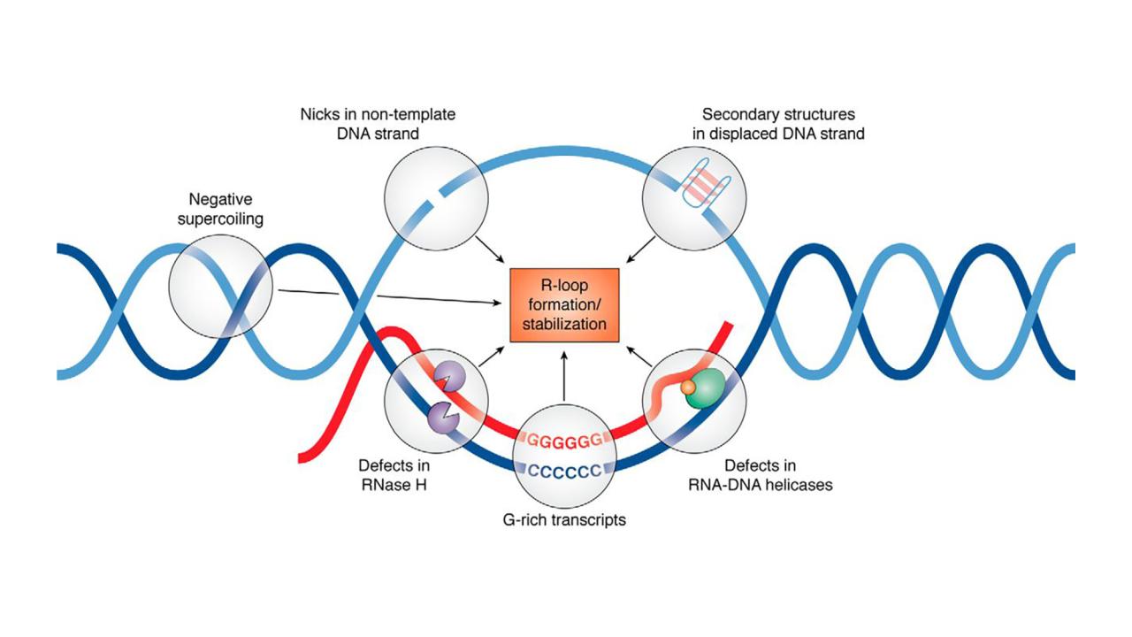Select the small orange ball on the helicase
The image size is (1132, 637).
point(686,387)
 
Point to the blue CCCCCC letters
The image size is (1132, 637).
point(564,469)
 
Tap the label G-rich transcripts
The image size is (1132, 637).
point(563,519)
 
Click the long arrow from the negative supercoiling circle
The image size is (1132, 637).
point(389,297)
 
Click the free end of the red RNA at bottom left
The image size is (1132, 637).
point(303,457)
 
